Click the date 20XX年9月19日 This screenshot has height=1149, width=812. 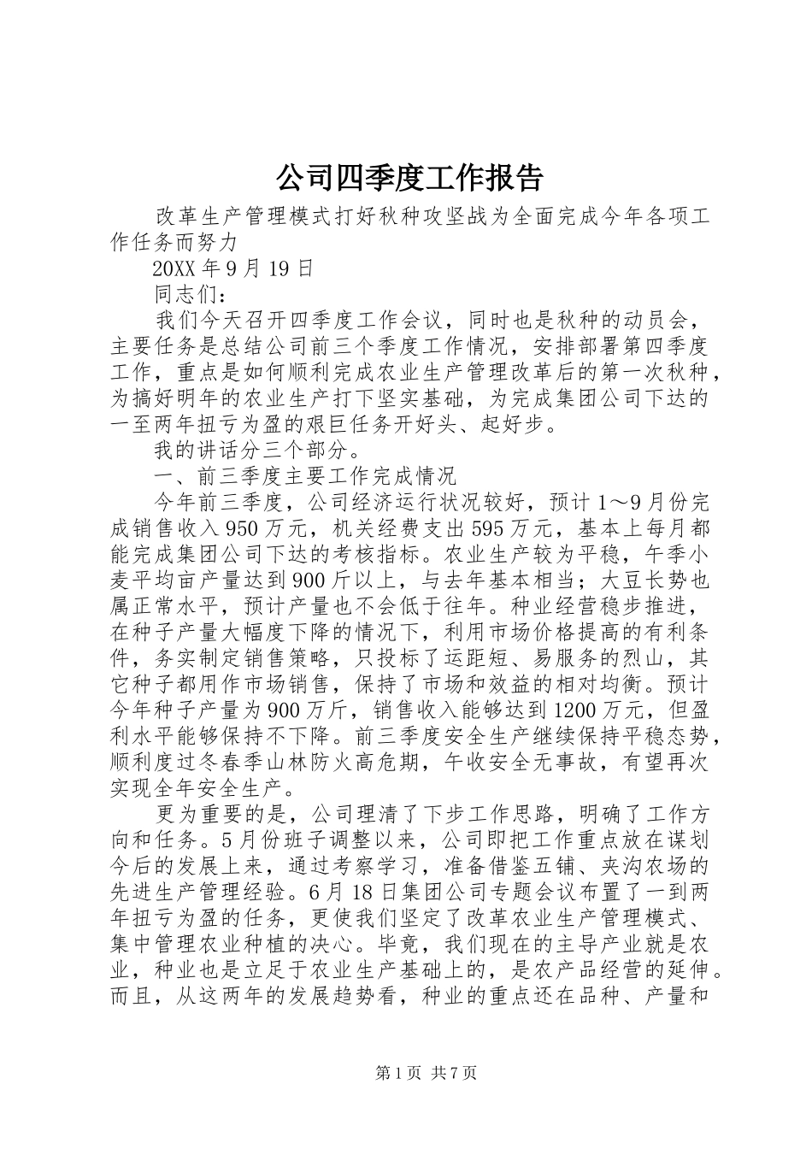coord(232,269)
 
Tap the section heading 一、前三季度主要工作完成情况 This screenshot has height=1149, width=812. coord(305,475)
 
